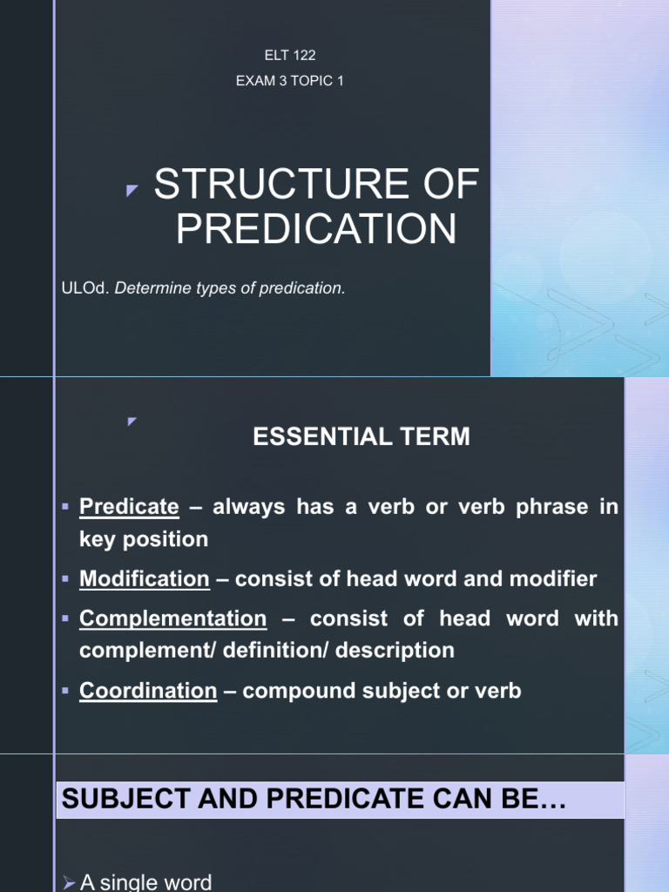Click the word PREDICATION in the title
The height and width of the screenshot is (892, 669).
pyautogui.click(x=316, y=229)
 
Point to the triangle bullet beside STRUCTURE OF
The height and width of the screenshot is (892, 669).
pyautogui.click(x=132, y=191)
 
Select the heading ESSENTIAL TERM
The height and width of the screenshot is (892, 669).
pyautogui.click(x=361, y=437)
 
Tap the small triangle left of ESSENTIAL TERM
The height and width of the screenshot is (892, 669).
pyautogui.click(x=132, y=422)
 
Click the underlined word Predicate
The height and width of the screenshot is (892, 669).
pyautogui.click(x=129, y=506)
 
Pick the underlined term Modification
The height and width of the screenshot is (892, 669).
pyautogui.click(x=145, y=578)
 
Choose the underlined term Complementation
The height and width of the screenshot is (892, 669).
pyautogui.click(x=172, y=618)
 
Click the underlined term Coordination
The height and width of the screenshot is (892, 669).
pyautogui.click(x=148, y=691)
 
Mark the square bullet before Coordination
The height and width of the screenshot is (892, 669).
pyautogui.click(x=66, y=692)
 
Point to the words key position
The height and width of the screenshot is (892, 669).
pyautogui.click(x=144, y=539)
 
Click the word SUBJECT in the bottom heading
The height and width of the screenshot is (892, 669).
pyautogui.click(x=111, y=800)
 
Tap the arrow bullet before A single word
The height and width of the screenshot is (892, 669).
pyautogui.click(x=69, y=883)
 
